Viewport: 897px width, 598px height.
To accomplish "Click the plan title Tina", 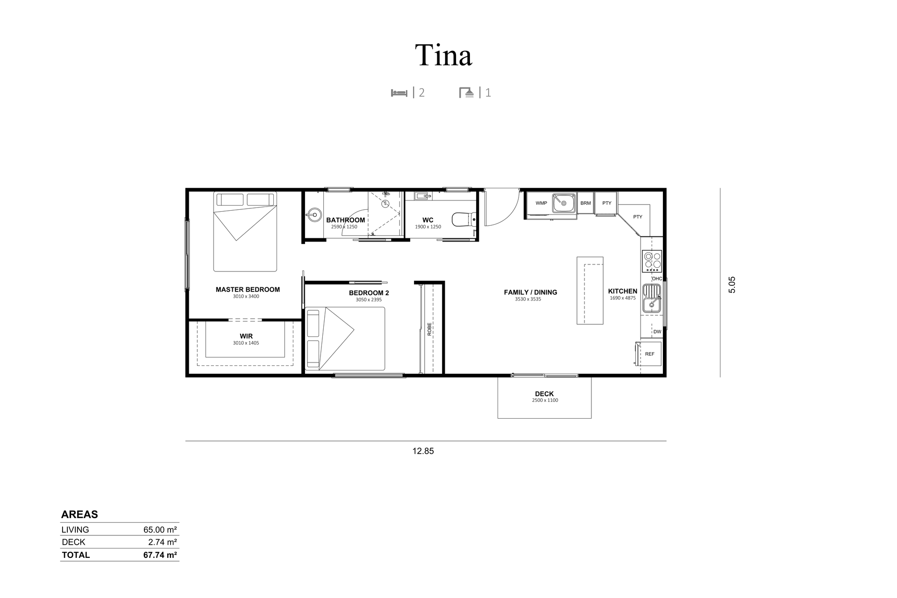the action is coord(444,55).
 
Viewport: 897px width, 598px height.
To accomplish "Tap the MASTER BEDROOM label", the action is coord(248,290).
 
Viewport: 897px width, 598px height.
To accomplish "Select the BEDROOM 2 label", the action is coord(369,293).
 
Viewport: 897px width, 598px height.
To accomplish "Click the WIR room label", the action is coord(246,336).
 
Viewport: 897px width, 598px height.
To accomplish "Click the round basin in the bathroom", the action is coord(313,215).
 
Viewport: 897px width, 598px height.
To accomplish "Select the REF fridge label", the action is coord(650,354).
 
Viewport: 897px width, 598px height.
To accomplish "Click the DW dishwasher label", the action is coord(657,332).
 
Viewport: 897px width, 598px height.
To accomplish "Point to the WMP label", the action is coord(541,203).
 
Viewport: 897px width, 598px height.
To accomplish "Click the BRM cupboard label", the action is coord(585,203).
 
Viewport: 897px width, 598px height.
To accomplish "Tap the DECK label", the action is coord(544,394).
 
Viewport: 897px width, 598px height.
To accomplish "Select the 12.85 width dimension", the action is coord(423,451).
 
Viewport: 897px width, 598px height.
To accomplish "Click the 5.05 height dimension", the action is coord(732,285).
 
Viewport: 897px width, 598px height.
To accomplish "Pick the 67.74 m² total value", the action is coord(160,555).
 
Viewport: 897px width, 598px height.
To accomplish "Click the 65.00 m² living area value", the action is coord(160,530).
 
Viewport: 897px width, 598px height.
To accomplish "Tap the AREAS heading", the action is coord(79,514).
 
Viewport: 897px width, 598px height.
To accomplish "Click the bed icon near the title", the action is coord(399,93).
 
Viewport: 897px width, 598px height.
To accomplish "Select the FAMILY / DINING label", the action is coord(530,292).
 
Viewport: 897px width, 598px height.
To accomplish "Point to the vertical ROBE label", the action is coord(429,329).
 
